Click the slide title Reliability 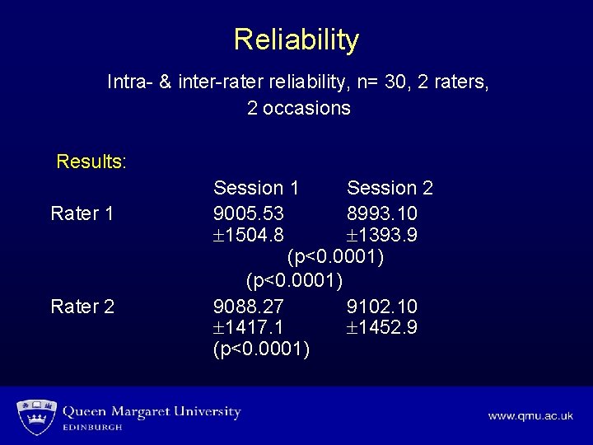[x=296, y=40]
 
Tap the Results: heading [x=91, y=161]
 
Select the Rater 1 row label [x=82, y=213]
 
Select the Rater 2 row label [x=82, y=307]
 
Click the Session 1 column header [x=256, y=189]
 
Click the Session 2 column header [x=390, y=189]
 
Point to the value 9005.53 [x=249, y=213]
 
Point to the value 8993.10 [x=382, y=213]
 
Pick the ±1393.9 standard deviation [x=382, y=236]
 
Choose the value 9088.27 [x=249, y=307]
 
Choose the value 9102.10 [x=382, y=307]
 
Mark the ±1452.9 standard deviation [x=382, y=328]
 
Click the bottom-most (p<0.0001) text [x=261, y=350]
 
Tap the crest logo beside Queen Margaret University [x=35, y=416]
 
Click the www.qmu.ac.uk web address [x=530, y=416]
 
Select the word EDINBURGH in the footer [x=93, y=428]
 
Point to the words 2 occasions [x=298, y=108]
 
